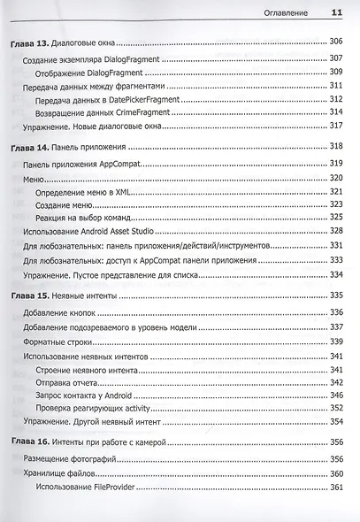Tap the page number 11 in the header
pos(336,12)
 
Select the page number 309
pos(335,71)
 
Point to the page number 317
pos(335,127)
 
